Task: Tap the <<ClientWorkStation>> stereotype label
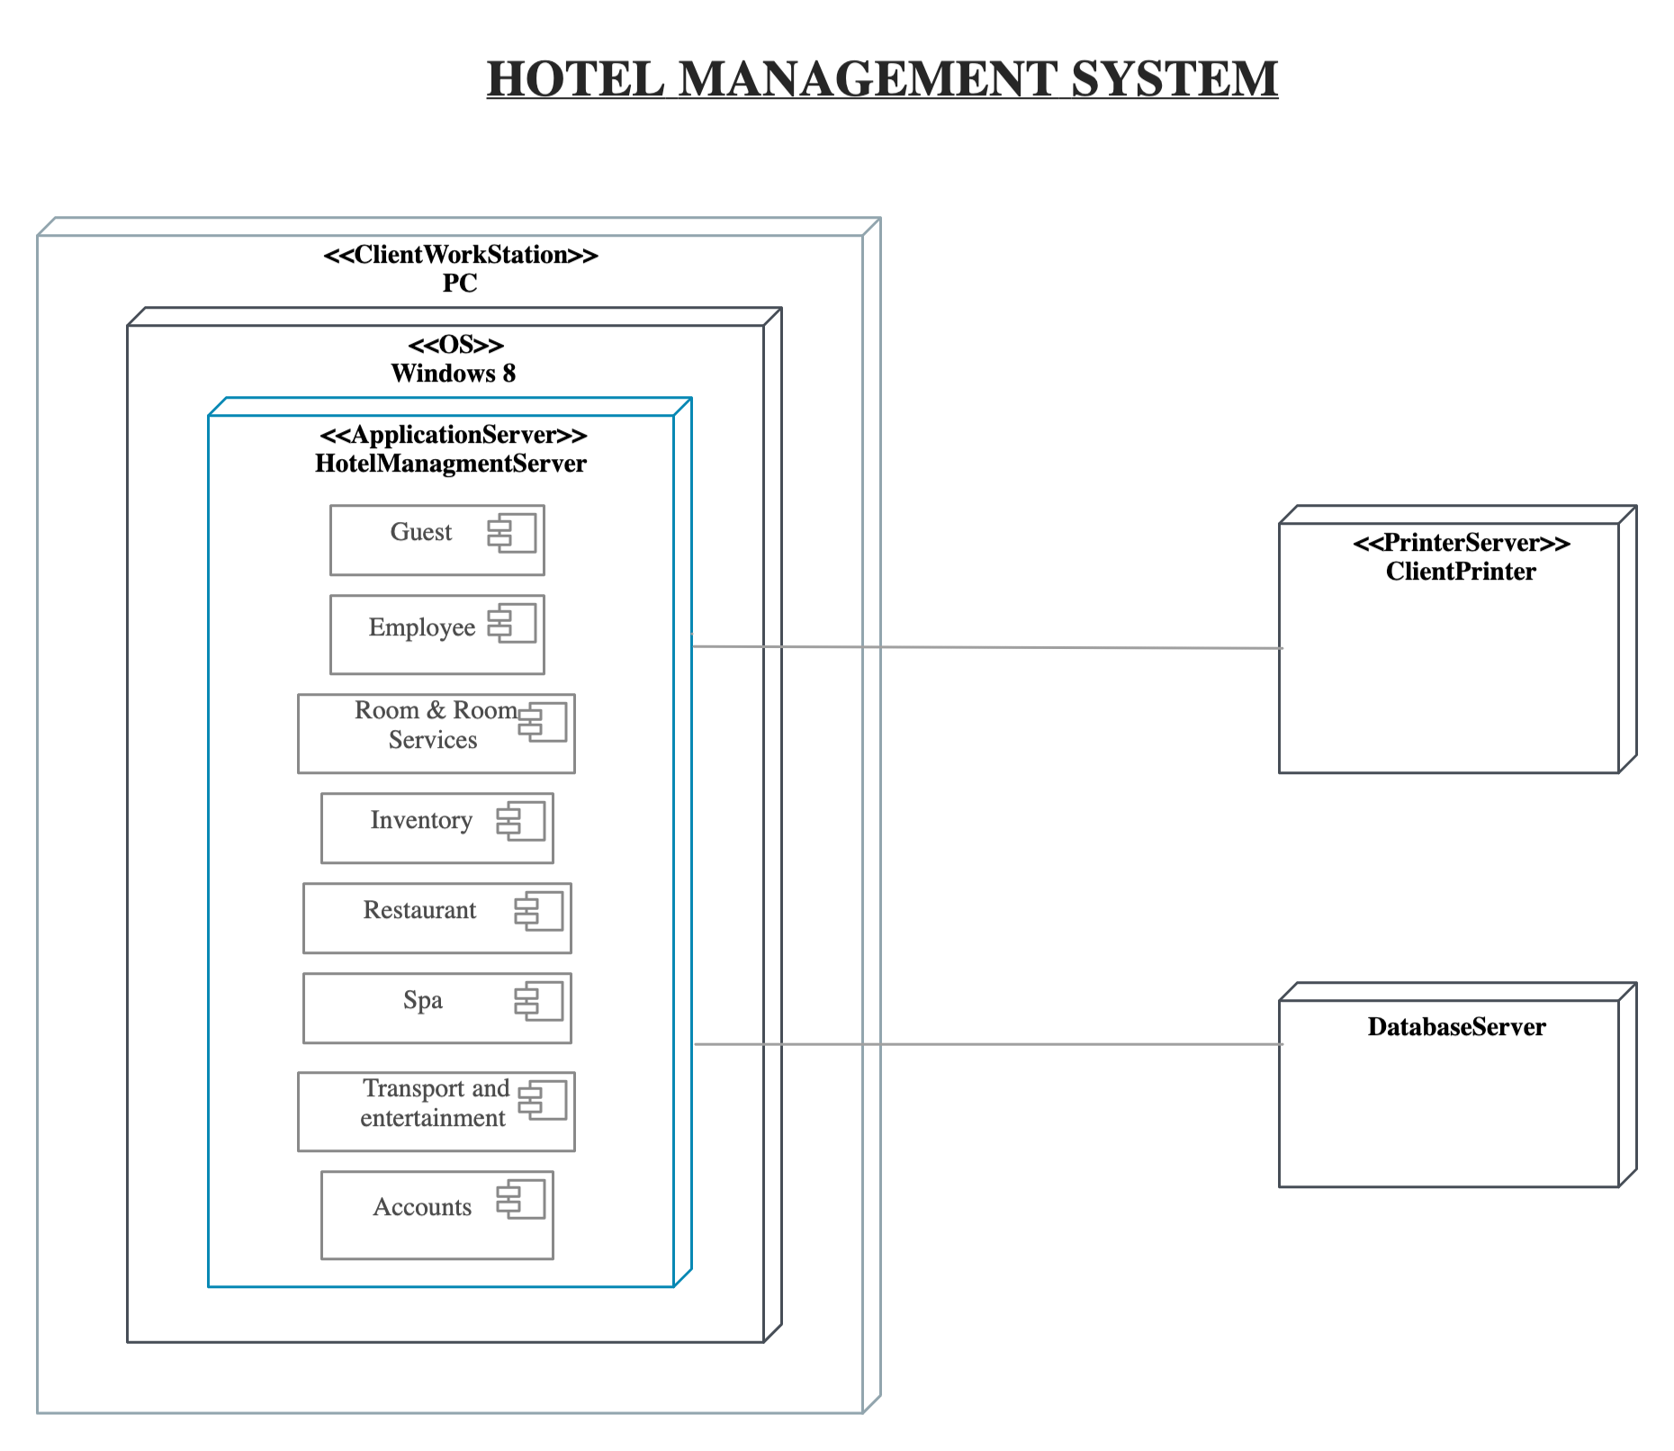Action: (x=460, y=255)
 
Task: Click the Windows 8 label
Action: (x=453, y=374)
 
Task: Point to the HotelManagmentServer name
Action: (x=450, y=464)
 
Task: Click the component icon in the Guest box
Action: (x=512, y=533)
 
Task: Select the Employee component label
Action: (x=421, y=627)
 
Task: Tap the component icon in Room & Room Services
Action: (x=543, y=722)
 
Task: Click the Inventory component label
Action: (x=420, y=820)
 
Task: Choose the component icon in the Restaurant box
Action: (x=539, y=911)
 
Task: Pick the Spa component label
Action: (x=422, y=1000)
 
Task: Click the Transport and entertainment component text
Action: (x=434, y=1104)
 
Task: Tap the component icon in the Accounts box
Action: (x=521, y=1199)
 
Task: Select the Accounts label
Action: (x=421, y=1207)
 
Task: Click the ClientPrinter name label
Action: (x=1460, y=572)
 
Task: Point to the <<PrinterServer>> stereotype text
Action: (x=1461, y=543)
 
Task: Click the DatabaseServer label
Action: (x=1455, y=1027)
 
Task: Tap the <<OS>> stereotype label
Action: (x=455, y=345)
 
